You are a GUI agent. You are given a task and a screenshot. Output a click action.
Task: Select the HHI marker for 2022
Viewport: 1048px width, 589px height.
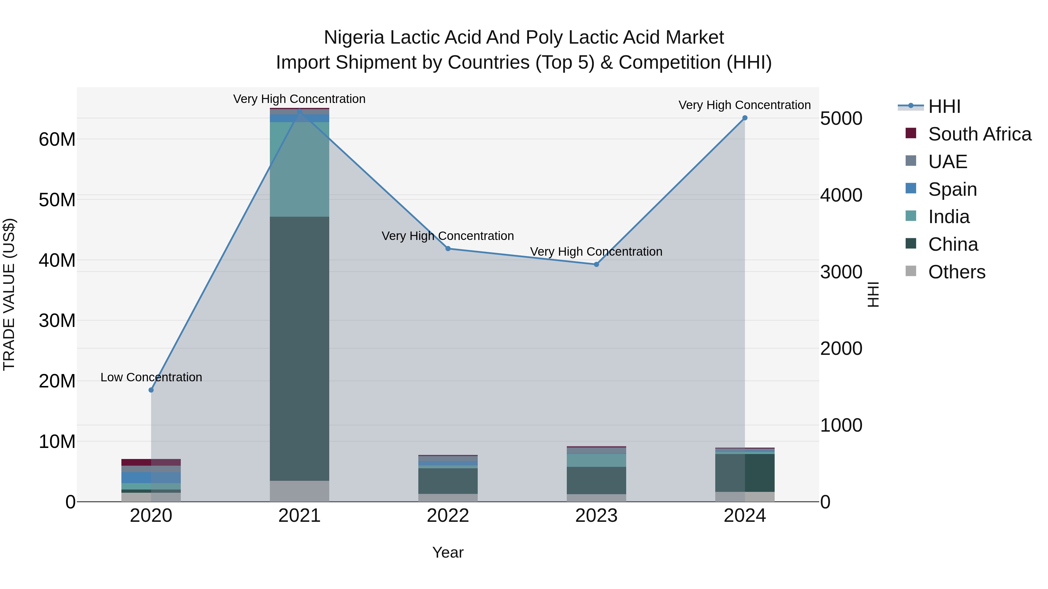coord(448,248)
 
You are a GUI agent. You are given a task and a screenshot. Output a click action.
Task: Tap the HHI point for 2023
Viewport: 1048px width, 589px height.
coord(596,264)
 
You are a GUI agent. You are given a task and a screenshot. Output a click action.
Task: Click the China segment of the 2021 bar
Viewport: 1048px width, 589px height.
coord(300,348)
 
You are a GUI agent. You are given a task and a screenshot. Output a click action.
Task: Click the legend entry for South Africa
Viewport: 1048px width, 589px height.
coord(980,134)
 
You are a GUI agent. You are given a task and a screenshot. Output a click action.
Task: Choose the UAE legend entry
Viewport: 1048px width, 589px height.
coord(948,162)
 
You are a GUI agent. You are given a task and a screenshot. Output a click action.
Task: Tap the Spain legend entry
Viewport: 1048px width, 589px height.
coord(953,189)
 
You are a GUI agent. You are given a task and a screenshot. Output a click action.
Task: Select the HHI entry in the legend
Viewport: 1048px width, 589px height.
coord(944,106)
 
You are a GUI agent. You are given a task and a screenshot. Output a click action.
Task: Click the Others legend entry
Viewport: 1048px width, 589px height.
coord(957,272)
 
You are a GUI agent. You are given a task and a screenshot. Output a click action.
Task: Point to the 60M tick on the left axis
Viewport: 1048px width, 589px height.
coord(57,139)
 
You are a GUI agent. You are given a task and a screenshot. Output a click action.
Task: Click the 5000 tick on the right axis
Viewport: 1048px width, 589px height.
coord(841,119)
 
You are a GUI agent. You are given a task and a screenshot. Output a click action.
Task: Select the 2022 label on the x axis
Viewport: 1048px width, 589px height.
coord(448,516)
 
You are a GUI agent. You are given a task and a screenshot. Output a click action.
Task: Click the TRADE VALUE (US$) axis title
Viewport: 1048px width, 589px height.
coord(9,294)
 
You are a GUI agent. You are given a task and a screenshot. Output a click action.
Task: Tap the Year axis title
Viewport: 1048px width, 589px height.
coord(448,552)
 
